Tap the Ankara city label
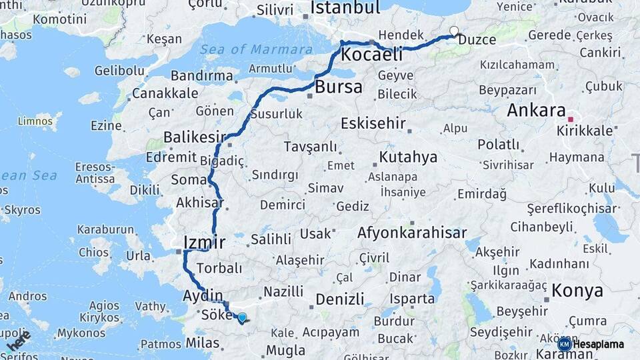[x=536, y=110]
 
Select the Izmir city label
[x=204, y=241]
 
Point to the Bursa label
[x=339, y=87]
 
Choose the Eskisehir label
[x=373, y=123]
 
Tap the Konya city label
[x=577, y=291]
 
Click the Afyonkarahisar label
[x=411, y=233]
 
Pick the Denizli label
[x=340, y=299]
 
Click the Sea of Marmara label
[x=256, y=49]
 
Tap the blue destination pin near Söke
[x=242, y=318]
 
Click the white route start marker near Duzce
[x=454, y=31]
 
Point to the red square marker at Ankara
[x=570, y=119]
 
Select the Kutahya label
[x=408, y=157]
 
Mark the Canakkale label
[x=165, y=93]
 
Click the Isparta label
[x=413, y=299]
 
